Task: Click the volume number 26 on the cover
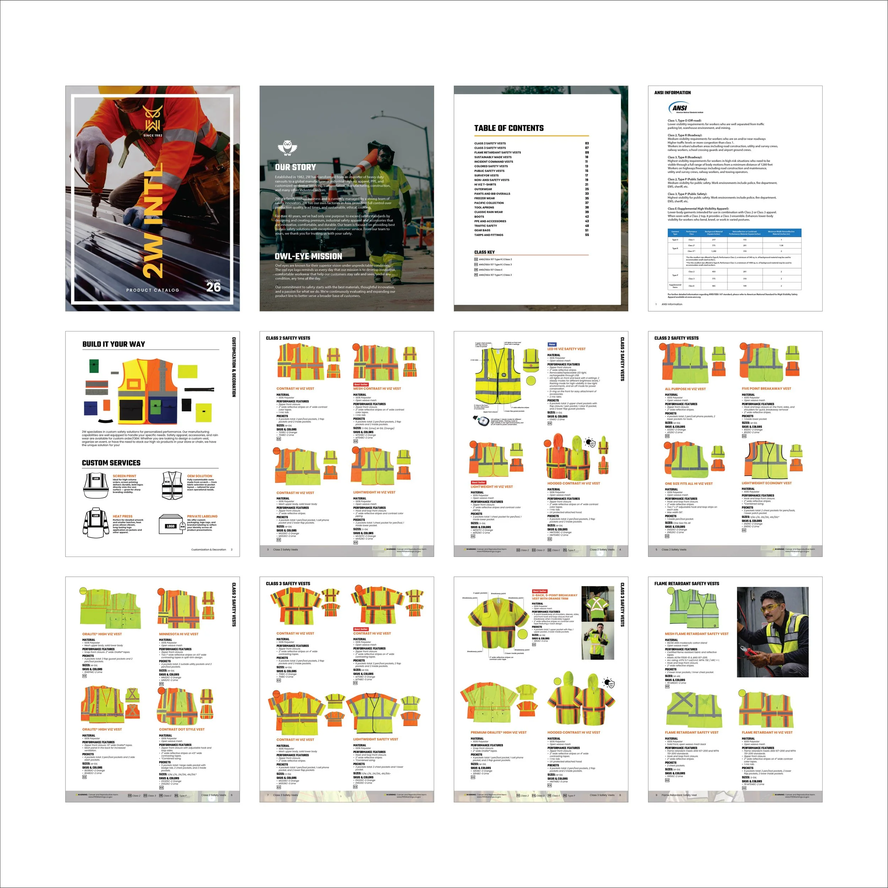point(213,287)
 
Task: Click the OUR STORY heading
point(296,167)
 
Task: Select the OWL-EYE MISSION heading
point(308,256)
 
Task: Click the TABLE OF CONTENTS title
point(509,128)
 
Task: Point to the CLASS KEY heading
point(484,252)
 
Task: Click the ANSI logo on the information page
point(680,108)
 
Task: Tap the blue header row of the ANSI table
point(734,233)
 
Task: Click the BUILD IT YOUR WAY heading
point(114,344)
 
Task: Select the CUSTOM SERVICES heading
point(111,463)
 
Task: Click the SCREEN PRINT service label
point(125,476)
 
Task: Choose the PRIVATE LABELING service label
point(202,516)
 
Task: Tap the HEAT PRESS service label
point(122,516)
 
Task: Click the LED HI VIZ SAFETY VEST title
point(566,349)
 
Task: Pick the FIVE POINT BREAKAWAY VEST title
point(766,388)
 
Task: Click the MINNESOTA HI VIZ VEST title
point(179,634)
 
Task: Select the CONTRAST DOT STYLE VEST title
point(182,730)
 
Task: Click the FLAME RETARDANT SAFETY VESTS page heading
point(687,584)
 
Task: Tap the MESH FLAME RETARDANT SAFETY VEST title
point(696,634)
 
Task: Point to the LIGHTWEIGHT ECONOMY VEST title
point(766,483)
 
